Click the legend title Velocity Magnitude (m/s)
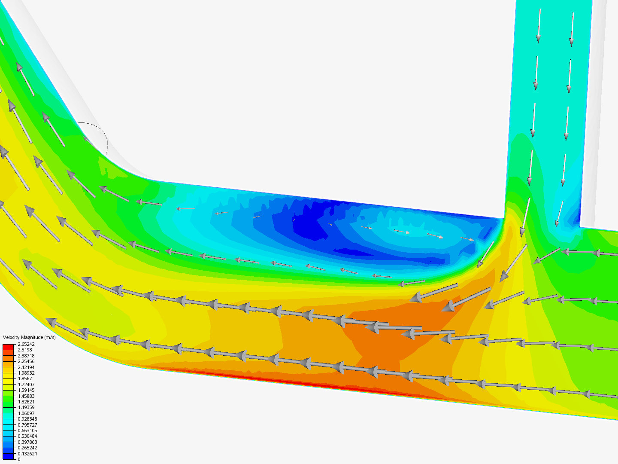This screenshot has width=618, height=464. pos(29,337)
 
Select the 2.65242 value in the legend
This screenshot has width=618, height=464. pos(26,344)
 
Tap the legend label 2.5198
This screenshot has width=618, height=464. pos(25,350)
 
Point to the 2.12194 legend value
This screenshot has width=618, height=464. pos(26,367)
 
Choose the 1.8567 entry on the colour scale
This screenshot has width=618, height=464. pos(25,379)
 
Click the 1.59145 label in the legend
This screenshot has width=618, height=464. pos(26,390)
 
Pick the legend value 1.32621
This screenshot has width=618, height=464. pos(26,402)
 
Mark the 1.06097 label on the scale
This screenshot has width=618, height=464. pos(26,413)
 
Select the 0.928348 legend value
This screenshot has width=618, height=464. pos(27,419)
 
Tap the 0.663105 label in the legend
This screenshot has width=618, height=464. pos(27,430)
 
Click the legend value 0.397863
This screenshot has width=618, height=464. pos(27,442)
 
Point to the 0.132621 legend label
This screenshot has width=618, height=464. pos(27,454)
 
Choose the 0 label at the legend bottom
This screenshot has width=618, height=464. pos(19,459)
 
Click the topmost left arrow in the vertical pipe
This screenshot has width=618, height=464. pos(539,26)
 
